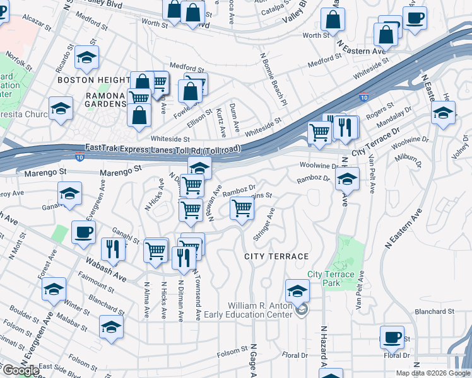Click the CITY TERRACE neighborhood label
coord(276,256)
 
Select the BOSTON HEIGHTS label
coord(93,80)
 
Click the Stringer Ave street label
coord(264,224)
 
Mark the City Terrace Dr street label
coord(376,143)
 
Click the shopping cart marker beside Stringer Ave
coord(242,208)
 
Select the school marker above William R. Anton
coord(297,291)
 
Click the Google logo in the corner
coord(20,370)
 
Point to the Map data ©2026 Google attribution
coord(433,373)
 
